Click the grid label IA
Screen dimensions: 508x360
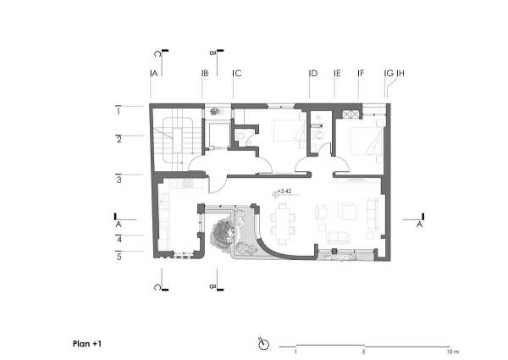[154, 73]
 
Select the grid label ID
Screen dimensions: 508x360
[313, 73]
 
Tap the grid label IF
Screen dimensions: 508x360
[361, 73]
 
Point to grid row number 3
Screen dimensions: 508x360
[119, 180]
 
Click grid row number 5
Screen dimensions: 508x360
[119, 257]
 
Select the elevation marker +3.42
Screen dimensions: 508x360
[284, 191]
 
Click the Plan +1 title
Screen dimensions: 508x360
[87, 344]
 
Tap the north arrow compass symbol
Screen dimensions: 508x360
[263, 344]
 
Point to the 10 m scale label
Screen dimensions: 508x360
[453, 352]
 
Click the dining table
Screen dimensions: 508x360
[283, 224]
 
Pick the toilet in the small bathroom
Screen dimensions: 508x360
[240, 136]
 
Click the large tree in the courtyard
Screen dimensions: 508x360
[224, 233]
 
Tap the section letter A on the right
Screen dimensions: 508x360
[419, 224]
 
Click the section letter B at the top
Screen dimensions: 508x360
[213, 53]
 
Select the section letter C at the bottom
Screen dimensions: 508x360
[157, 287]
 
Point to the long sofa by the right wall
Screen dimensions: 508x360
[372, 214]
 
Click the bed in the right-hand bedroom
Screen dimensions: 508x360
[364, 141]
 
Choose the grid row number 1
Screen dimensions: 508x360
[119, 112]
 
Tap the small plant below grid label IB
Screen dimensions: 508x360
[214, 112]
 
